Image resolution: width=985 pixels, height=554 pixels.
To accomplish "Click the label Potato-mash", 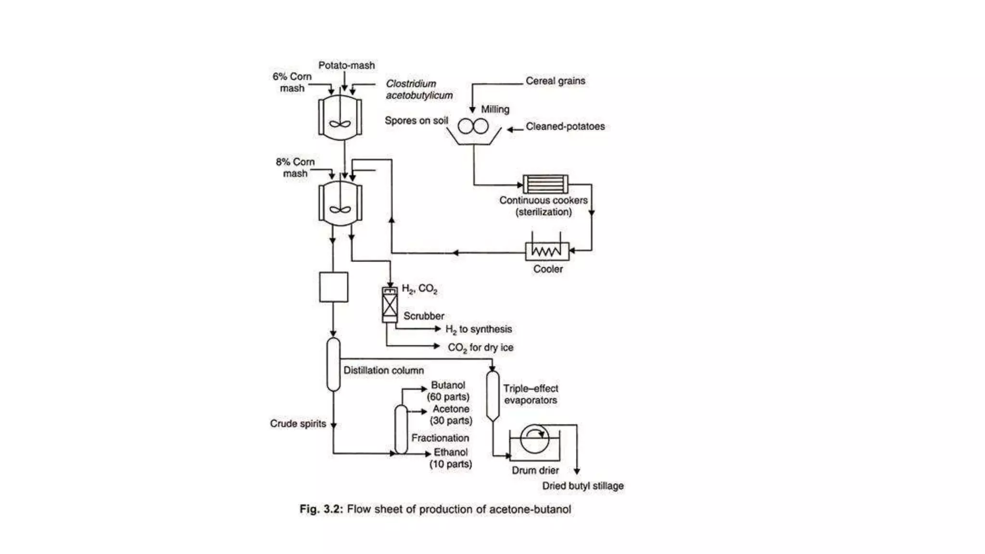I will coord(346,65).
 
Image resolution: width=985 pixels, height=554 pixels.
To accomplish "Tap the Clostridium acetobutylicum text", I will coord(419,89).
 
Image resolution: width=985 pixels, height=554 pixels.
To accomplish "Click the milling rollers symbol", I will coord(473,126).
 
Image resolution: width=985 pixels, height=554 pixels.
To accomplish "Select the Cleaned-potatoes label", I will coord(565,126).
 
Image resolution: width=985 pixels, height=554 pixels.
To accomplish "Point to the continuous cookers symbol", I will coord(545,184).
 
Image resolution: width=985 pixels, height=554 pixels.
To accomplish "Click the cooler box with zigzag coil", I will coord(547,251).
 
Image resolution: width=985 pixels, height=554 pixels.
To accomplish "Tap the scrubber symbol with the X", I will coord(390,305).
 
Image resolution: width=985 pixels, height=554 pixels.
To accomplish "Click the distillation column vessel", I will coord(333,364).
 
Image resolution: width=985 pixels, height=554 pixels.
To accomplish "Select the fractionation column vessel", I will coord(401,429).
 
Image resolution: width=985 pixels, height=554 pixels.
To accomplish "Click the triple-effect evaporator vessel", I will coord(492,396).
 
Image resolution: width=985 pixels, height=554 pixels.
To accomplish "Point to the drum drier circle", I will coord(534,439).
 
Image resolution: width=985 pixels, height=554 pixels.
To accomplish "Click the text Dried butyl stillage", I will coord(582,486).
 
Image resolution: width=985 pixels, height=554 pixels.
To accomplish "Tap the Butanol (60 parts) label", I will coord(448,391).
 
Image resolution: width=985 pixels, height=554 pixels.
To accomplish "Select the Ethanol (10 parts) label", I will coord(451,458).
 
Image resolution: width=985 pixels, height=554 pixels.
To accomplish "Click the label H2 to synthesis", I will coord(479,329).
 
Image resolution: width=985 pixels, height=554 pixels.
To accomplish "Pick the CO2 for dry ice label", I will coord(480,348).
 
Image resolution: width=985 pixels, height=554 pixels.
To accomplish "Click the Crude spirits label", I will coord(298,424).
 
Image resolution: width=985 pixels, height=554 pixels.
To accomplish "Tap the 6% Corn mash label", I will coord(292,82).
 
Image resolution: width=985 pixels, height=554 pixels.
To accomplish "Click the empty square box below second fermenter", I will coord(333,287).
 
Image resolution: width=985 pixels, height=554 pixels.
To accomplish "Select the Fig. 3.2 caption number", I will coord(321,509).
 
